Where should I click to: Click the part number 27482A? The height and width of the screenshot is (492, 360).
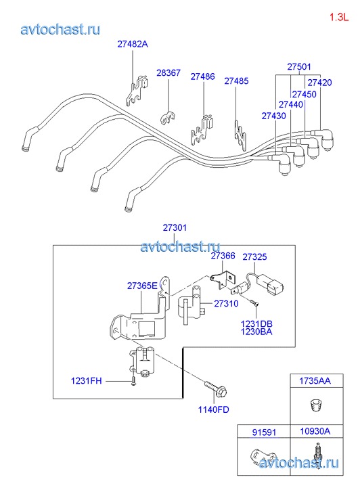(133, 44)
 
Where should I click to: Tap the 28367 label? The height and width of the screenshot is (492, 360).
(168, 73)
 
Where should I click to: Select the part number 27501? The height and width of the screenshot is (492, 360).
(299, 67)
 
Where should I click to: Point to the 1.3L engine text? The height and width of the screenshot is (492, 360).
(339, 18)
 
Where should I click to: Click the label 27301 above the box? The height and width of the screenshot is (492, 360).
(175, 228)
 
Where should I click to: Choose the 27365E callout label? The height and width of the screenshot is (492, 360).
(142, 286)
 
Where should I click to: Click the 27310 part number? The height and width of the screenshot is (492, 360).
(226, 304)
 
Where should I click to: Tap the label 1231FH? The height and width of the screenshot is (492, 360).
(87, 381)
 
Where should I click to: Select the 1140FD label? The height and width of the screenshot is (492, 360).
(213, 409)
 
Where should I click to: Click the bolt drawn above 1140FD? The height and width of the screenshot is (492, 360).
(216, 388)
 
